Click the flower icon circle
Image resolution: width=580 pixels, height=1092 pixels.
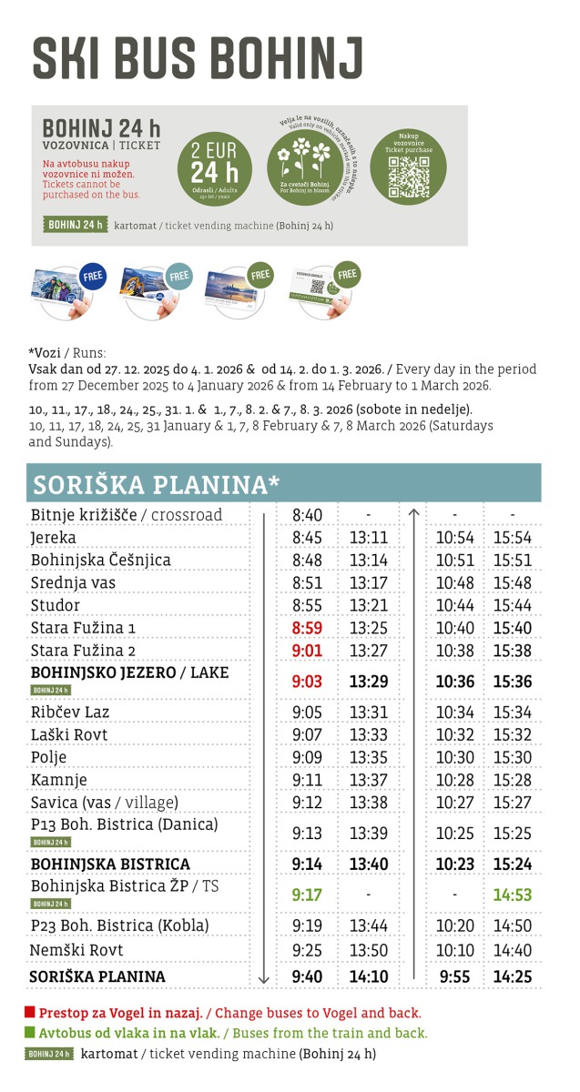tap(305, 167)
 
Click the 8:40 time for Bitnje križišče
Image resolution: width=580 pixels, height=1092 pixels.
tap(307, 515)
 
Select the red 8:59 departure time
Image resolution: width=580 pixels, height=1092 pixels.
tap(307, 628)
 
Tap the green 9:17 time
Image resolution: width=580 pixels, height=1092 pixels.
tap(307, 894)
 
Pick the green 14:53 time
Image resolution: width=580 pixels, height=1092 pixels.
tap(513, 894)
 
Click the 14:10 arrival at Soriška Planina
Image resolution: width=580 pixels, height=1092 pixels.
tap(368, 976)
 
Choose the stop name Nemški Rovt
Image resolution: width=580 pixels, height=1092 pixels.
tap(76, 950)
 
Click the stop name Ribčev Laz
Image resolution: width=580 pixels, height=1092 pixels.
tap(70, 712)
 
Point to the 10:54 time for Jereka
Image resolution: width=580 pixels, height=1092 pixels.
tap(455, 538)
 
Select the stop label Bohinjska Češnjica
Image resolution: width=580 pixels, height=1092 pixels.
tap(100, 560)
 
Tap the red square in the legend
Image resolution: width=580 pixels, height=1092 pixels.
tap(30, 1011)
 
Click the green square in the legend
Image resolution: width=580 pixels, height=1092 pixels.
tap(30, 1033)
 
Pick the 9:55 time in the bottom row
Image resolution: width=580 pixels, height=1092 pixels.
tap(455, 976)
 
